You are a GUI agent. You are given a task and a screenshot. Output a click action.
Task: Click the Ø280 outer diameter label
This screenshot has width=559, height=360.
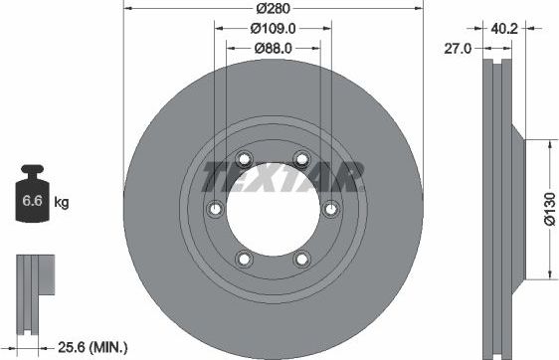273,8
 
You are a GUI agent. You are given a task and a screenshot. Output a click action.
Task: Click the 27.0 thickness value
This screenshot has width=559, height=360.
457,47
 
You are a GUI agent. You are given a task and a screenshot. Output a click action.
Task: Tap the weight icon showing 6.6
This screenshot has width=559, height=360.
32,198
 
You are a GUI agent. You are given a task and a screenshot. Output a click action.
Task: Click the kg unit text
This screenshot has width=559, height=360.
62,203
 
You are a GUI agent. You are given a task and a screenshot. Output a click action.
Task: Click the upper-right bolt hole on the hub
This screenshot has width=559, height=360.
301,157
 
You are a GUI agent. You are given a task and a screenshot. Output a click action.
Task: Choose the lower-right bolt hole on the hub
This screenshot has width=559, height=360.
301,259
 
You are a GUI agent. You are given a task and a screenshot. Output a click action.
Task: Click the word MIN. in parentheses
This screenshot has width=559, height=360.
110,346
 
